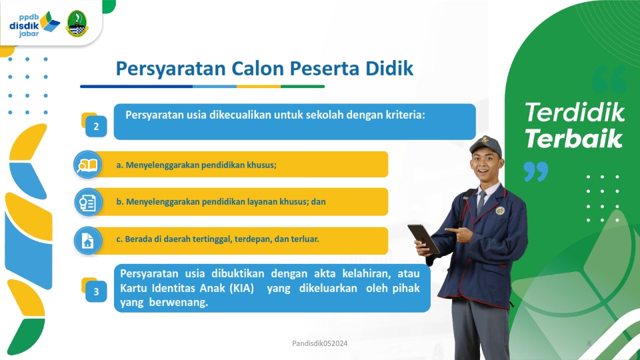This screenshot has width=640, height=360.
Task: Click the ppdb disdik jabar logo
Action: (x=34, y=25)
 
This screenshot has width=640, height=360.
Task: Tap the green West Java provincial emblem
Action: (x=77, y=24)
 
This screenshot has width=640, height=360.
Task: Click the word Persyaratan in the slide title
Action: (x=171, y=69)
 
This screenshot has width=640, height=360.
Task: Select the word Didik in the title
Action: (x=389, y=68)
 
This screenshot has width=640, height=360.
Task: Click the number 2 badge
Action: (x=96, y=126)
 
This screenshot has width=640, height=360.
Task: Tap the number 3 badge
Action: (x=96, y=291)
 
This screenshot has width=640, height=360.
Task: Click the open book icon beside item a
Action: (x=87, y=165)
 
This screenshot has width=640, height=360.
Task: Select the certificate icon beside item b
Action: (x=88, y=202)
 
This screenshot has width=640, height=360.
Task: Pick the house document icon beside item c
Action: (x=88, y=241)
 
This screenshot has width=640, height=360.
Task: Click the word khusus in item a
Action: (x=261, y=165)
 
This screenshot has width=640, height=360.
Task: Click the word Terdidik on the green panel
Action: (x=574, y=112)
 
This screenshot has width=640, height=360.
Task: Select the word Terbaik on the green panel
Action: (x=573, y=139)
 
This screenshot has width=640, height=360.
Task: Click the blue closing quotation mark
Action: (x=535, y=171)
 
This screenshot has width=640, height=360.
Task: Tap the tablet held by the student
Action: (x=423, y=239)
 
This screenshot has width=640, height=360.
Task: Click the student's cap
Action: (x=486, y=147)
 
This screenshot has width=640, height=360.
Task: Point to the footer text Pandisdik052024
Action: (x=319, y=343)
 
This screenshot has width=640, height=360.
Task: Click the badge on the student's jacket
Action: (x=500, y=211)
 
